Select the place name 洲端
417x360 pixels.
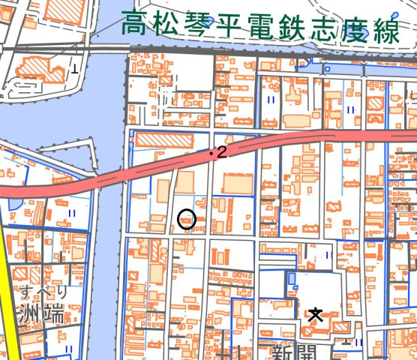[41, 311]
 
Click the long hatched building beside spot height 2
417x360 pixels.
[158, 139]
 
